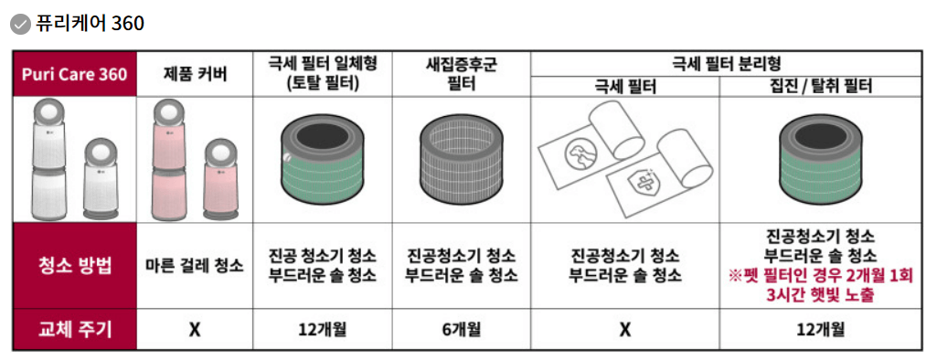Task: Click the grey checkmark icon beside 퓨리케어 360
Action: click(x=20, y=24)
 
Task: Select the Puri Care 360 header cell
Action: click(x=74, y=73)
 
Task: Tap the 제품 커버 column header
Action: click(x=194, y=73)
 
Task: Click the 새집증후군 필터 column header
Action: click(x=462, y=73)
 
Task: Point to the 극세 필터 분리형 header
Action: click(x=726, y=63)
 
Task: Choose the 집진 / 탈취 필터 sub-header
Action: click(x=820, y=87)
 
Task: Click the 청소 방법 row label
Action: click(x=74, y=266)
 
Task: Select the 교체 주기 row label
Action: click(x=74, y=329)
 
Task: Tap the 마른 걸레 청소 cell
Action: click(x=194, y=266)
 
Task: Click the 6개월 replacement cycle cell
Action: click(x=462, y=329)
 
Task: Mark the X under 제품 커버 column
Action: click(x=194, y=329)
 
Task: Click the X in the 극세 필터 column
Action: click(x=624, y=329)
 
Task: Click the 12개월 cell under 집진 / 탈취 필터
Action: click(x=820, y=329)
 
